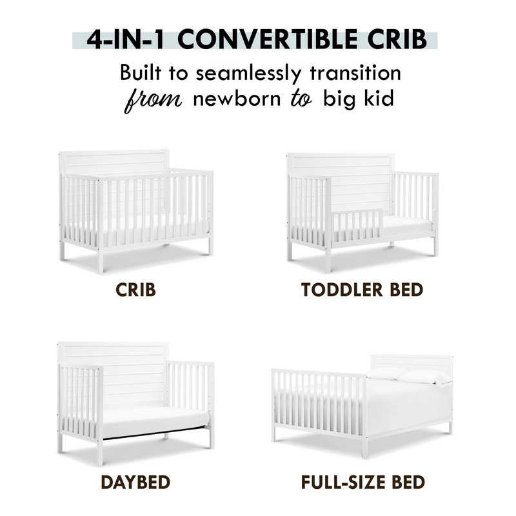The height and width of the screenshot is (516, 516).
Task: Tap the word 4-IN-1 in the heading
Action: point(125,39)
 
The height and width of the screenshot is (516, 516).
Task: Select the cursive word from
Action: point(153,100)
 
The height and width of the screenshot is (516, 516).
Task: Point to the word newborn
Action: point(237,98)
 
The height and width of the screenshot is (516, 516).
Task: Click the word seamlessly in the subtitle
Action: point(248,74)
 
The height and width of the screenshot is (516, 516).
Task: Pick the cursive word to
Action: point(301,99)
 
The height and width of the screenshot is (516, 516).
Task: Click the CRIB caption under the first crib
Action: point(135,290)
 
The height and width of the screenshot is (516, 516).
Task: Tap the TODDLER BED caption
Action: point(362,290)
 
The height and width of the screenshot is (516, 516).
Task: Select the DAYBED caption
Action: point(135,482)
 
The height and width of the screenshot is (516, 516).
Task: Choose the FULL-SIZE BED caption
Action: point(363,482)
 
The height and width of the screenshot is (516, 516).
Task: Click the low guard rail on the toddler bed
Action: point(357,225)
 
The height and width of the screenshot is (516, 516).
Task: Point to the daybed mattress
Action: point(156,422)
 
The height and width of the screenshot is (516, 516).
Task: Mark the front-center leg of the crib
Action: point(101,262)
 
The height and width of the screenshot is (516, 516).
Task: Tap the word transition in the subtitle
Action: point(355,73)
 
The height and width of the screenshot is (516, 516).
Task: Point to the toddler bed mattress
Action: point(407,226)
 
